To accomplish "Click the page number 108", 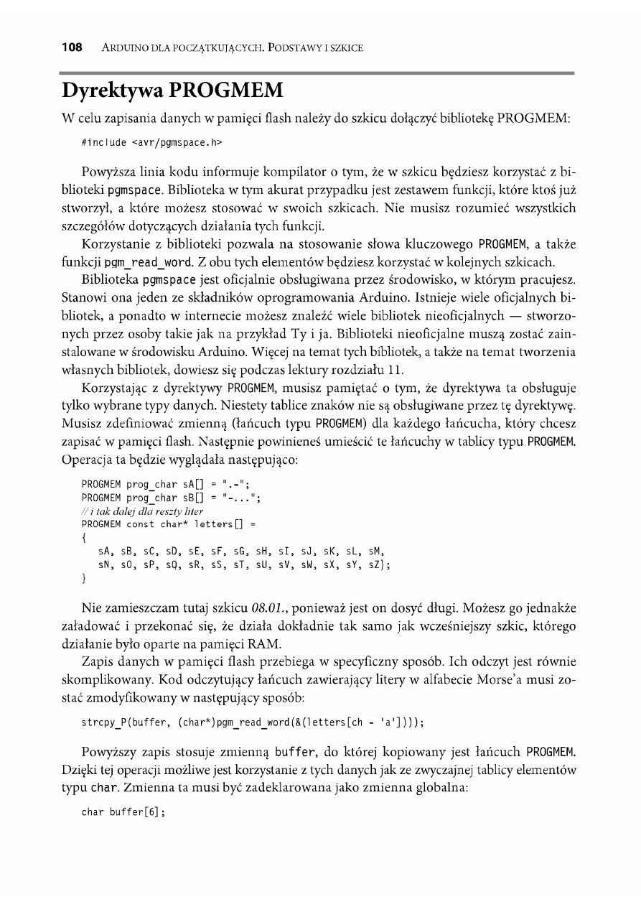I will [72, 48].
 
